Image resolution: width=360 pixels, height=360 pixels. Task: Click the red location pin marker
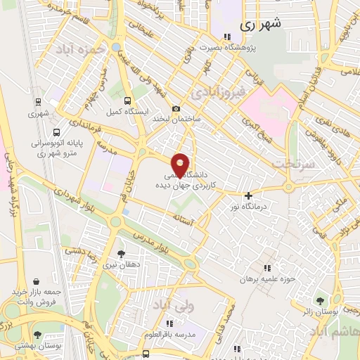pyautogui.click(x=181, y=165)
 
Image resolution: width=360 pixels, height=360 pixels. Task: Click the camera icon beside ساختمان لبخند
pyautogui.click(x=176, y=109)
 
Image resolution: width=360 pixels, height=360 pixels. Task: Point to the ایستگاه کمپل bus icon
pyautogui.click(x=127, y=101)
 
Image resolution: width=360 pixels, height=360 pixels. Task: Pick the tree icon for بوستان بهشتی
pyautogui.click(x=37, y=335)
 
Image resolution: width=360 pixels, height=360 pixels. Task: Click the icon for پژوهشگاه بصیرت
pyautogui.click(x=226, y=37)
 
